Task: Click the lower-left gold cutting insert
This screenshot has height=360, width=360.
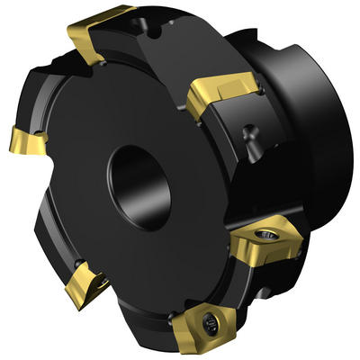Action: click(x=91, y=281)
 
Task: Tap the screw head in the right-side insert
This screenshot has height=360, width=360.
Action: click(x=266, y=237)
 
